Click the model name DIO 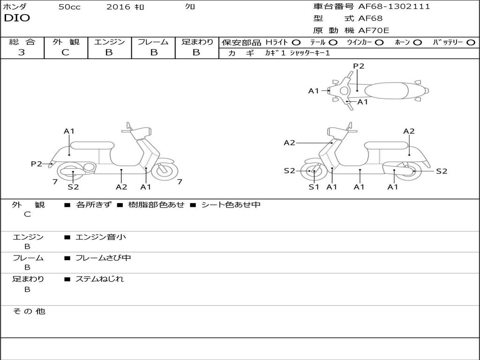(x=17, y=18)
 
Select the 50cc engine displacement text (x=69, y=7)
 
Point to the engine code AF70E (x=374, y=30)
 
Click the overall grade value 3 (x=22, y=52)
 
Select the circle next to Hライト (x=296, y=42)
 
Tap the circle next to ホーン (x=418, y=42)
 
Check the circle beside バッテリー (x=471, y=42)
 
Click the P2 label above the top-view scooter (x=359, y=66)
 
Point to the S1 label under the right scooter (x=314, y=187)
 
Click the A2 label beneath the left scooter (x=121, y=187)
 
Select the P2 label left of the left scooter (x=37, y=164)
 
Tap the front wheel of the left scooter (x=165, y=171)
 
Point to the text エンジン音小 (x=101, y=237)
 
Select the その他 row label (x=29, y=311)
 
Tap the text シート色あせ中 (x=231, y=205)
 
